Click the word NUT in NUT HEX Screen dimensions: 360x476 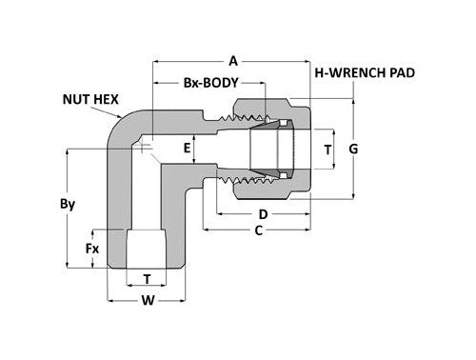77,98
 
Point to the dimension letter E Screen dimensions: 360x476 188,149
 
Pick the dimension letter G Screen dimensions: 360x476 354,149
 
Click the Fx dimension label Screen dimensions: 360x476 93,249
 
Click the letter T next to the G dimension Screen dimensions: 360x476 328,150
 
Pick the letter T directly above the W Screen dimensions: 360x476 148,279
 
